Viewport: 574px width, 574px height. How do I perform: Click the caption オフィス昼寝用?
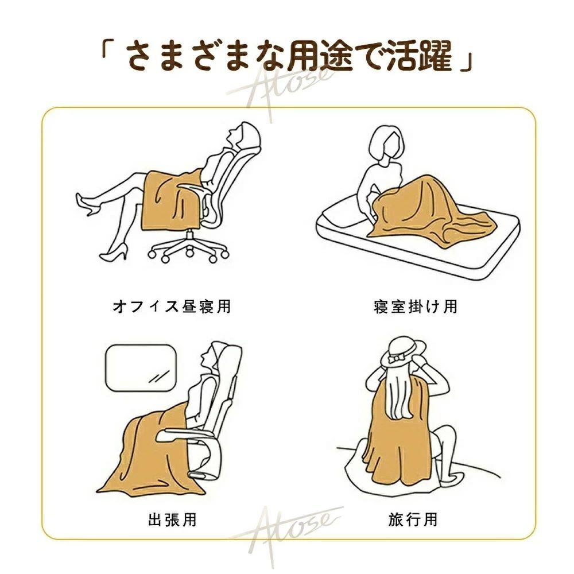171,306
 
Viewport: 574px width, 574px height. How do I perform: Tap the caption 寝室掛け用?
415,306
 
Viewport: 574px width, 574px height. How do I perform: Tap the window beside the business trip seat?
139,369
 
